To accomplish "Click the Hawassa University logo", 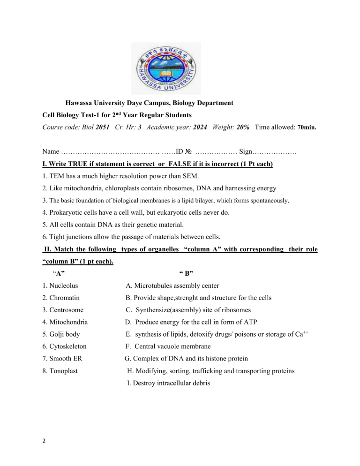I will pyautogui.click(x=165, y=68).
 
